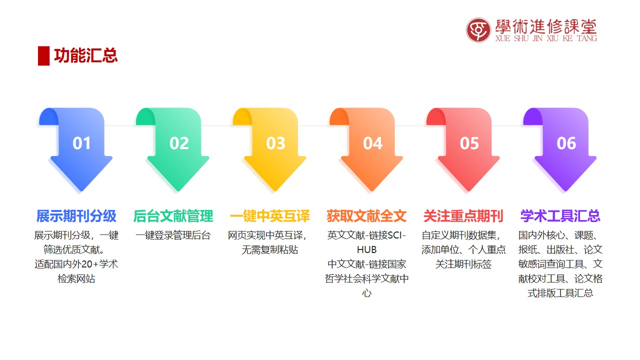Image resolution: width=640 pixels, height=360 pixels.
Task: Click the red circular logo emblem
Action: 478,30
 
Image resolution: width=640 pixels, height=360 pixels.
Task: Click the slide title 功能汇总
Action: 85,55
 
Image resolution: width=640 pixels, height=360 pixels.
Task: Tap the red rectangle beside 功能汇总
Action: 43,55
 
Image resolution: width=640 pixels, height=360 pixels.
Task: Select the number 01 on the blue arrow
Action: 81,143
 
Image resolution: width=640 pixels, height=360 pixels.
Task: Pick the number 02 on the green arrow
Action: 179,143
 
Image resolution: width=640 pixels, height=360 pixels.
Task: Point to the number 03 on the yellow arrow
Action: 275,143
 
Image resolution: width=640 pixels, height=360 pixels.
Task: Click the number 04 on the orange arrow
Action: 372,143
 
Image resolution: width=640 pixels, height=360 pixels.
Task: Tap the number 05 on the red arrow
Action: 469,143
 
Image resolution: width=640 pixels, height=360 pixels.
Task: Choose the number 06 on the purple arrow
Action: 566,143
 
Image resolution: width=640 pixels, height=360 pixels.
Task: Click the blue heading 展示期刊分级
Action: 76,216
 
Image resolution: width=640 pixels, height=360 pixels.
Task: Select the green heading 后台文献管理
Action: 173,216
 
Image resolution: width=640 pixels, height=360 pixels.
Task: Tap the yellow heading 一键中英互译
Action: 269,216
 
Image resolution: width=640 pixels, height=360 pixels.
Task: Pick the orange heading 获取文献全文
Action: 366,216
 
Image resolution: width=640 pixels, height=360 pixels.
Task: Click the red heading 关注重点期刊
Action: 463,216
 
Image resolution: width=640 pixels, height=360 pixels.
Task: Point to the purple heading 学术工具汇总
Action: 560,216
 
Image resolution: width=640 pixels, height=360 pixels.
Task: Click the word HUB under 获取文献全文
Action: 367,250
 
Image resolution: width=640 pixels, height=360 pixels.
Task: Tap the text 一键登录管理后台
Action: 173,235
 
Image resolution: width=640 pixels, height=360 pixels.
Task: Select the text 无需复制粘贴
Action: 269,250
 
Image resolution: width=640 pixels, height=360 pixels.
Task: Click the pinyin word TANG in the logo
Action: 587,38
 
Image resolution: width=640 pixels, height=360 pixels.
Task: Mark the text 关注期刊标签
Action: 463,264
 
